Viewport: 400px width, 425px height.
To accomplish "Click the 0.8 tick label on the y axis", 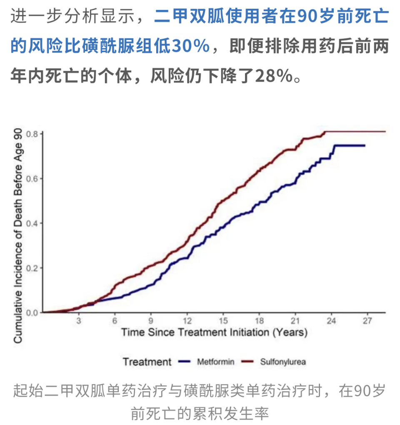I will tap(33, 134).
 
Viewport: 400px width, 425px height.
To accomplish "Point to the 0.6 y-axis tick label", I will tap(33, 179).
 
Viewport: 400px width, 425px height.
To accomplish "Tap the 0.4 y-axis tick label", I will tap(33, 223).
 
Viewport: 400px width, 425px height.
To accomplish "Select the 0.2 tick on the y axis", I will tap(33, 268).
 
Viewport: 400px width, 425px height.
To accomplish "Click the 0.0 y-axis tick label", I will tap(33, 312).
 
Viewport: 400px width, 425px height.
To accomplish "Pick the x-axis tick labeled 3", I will tap(78, 321).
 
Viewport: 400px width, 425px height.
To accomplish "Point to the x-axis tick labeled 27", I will tap(367, 321).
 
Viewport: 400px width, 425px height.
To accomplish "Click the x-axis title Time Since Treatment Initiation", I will tap(214, 333).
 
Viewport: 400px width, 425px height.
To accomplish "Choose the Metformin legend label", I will tap(215, 362).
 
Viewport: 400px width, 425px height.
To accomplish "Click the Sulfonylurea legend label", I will tap(283, 362).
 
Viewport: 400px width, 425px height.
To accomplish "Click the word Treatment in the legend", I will tap(147, 362).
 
